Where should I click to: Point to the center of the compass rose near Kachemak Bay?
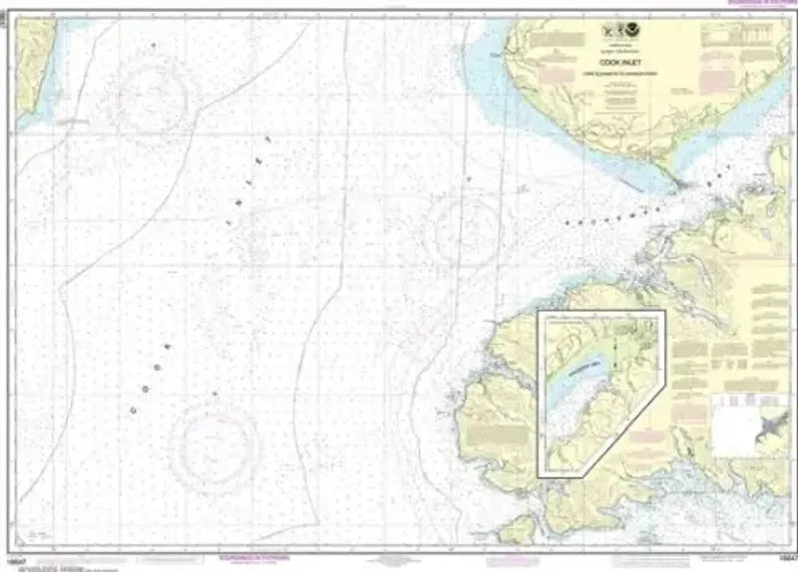(462, 229)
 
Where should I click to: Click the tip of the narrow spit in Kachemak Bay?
(681, 185)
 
